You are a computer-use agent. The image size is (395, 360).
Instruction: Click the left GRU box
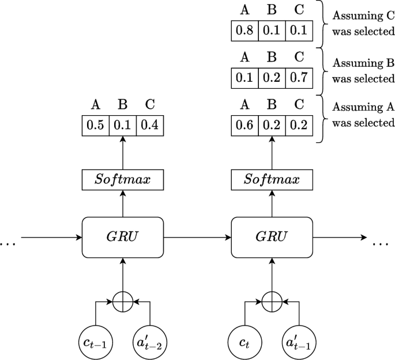(123, 237)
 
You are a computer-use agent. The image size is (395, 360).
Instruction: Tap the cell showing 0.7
(298, 78)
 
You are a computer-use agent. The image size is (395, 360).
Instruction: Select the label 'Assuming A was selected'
(363, 115)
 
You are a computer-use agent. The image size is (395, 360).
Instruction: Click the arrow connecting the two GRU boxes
(197, 237)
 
